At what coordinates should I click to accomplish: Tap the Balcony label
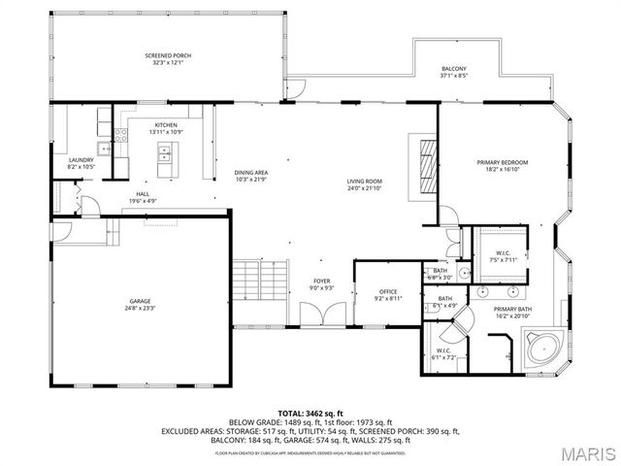pos(454,68)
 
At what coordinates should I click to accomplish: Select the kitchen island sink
pos(165,153)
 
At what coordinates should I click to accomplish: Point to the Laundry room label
pos(81,160)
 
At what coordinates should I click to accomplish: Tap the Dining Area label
pos(250,173)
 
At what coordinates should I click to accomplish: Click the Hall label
pos(143,194)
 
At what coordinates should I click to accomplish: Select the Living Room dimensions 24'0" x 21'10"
pos(366,187)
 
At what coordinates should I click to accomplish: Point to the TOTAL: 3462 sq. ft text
pos(318,414)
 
